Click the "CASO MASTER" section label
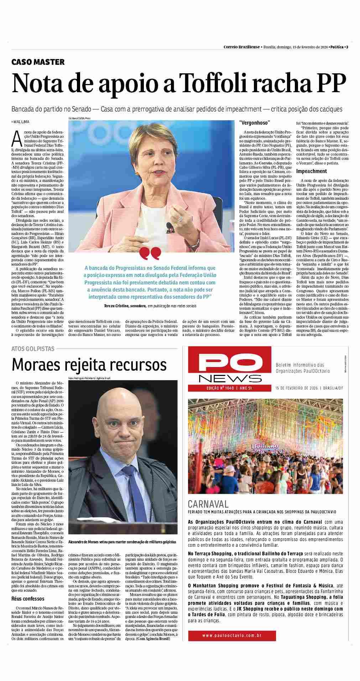click(x=38, y=62)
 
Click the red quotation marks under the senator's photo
click(x=150, y=253)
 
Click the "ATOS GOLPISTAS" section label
click(x=33, y=349)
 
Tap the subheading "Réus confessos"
click(x=28, y=598)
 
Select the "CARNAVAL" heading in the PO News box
click(x=208, y=504)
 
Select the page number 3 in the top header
click(x=347, y=47)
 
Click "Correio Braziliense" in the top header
click(x=241, y=47)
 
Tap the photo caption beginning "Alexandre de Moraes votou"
click(x=122, y=541)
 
